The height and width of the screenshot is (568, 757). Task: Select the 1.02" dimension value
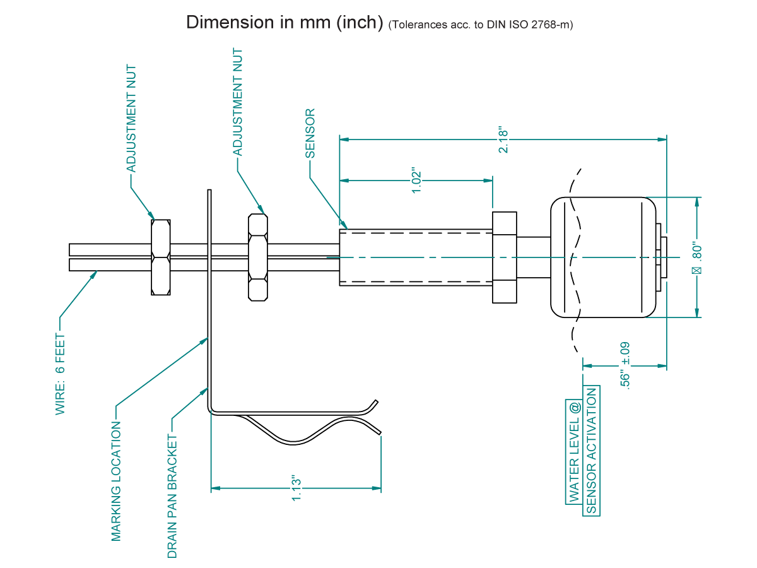click(x=416, y=181)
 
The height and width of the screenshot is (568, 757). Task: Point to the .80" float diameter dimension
click(x=697, y=257)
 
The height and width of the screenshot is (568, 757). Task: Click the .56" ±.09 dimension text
click(x=625, y=364)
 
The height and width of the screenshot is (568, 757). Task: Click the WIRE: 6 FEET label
click(x=61, y=374)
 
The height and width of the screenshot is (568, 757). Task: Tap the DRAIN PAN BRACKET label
click(x=172, y=495)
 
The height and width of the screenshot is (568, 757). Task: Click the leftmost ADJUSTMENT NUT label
click(x=131, y=117)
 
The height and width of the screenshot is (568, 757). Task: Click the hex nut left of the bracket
click(x=161, y=257)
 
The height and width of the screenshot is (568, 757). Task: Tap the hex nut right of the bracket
click(x=257, y=257)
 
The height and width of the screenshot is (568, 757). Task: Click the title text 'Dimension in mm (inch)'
click(x=285, y=23)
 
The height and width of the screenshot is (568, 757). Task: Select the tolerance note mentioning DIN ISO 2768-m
click(x=481, y=25)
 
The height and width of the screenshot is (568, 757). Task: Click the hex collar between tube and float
click(x=504, y=257)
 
